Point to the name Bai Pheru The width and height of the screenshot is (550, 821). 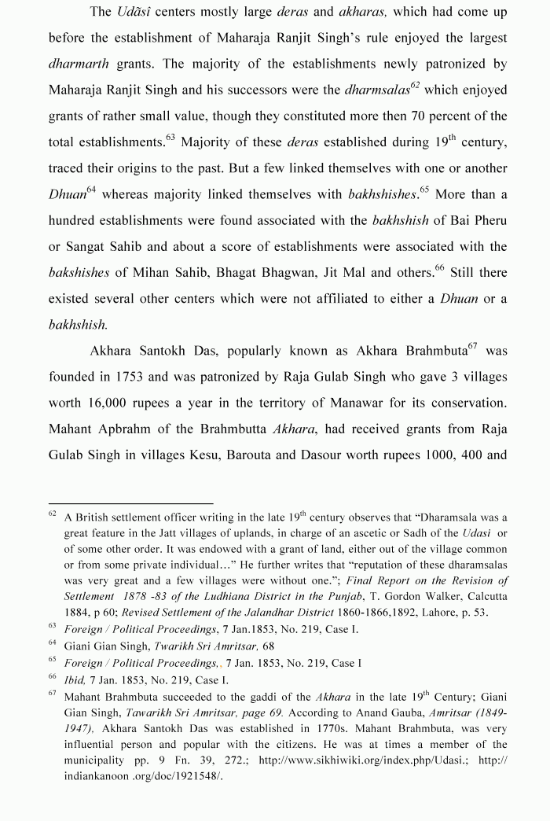point(482,220)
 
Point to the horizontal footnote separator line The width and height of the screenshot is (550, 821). point(130,503)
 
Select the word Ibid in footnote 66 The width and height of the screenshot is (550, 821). point(75,679)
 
